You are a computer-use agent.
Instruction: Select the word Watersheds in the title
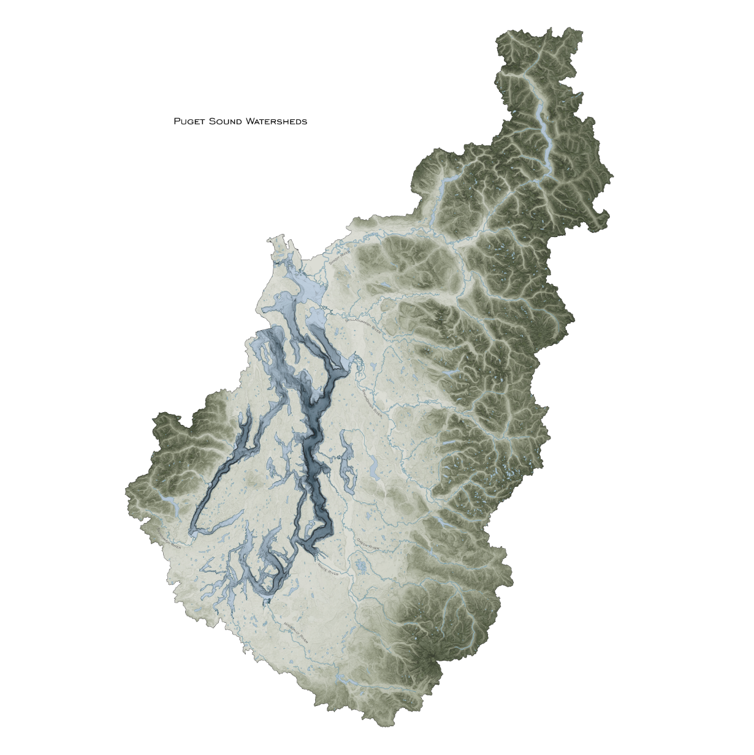[x=276, y=121]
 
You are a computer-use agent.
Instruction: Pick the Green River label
[x=368, y=544]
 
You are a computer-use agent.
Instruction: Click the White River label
[x=329, y=571]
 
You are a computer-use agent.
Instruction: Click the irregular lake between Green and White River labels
[x=362, y=566]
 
